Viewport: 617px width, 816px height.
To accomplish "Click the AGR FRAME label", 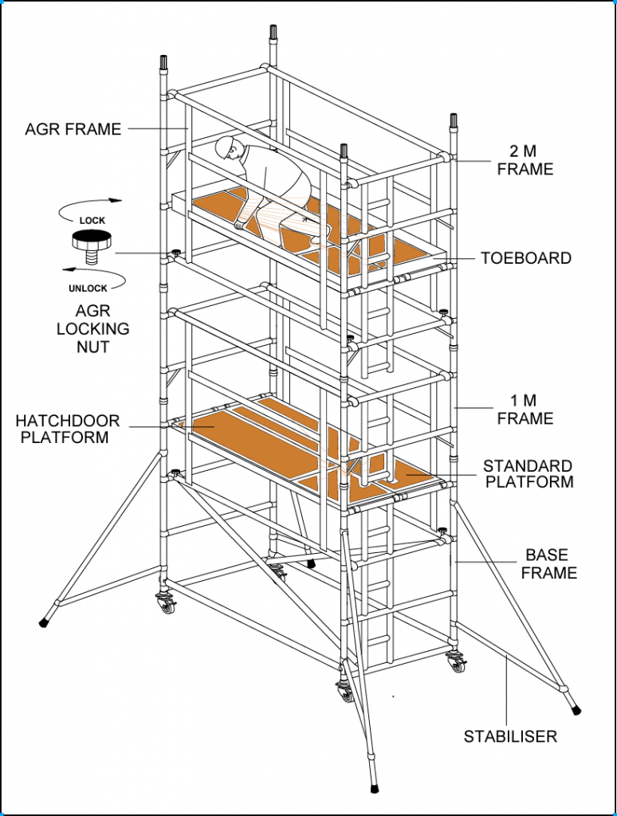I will [x=73, y=128].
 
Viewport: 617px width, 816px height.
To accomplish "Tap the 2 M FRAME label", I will [x=525, y=160].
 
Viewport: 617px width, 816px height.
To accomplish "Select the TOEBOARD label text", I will [x=525, y=258].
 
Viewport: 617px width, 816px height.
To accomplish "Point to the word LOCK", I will [x=91, y=221].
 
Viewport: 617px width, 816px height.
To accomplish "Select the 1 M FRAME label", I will [x=525, y=409].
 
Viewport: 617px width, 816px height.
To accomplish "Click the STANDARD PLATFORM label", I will [x=528, y=473].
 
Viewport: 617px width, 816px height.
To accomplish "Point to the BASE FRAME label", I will [x=550, y=563].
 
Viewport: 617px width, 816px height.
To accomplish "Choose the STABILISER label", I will [x=510, y=736].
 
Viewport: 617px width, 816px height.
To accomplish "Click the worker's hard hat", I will [x=227, y=146].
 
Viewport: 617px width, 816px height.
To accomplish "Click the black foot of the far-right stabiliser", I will [x=575, y=707].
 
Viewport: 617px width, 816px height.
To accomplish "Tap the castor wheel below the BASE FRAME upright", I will [x=458, y=662].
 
